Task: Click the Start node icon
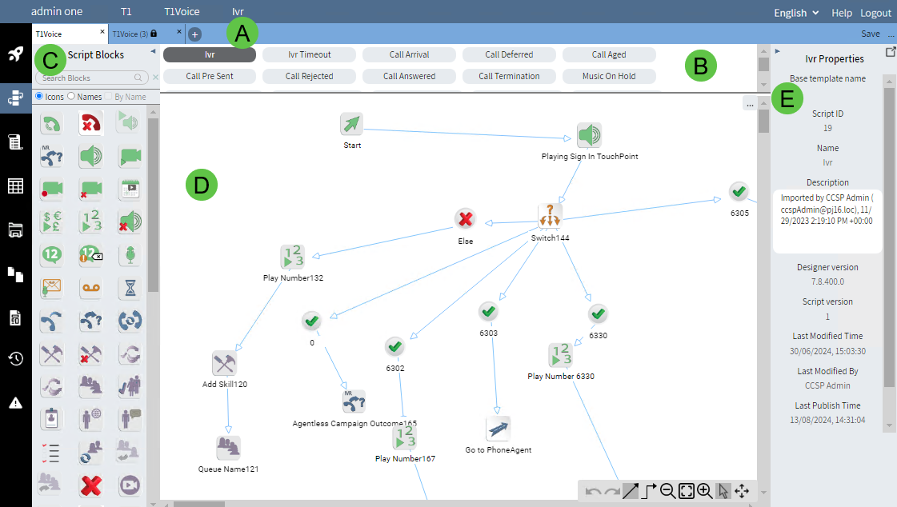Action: [x=352, y=125]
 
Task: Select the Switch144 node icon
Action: [x=550, y=216]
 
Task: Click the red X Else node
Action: [x=466, y=219]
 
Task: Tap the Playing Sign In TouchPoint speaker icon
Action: [x=589, y=135]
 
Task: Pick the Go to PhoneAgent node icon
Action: [x=499, y=429]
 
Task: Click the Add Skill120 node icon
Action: [x=224, y=363]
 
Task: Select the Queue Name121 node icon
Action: [x=228, y=448]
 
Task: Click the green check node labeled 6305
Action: [x=739, y=192]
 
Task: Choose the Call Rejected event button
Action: [x=309, y=77]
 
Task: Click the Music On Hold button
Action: [x=609, y=77]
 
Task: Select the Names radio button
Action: [x=71, y=97]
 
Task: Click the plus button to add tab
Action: [x=195, y=34]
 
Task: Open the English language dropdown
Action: [x=796, y=13]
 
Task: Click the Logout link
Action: [x=875, y=13]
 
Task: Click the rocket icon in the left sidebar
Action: [x=15, y=54]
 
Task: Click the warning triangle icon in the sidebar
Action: [x=15, y=402]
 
